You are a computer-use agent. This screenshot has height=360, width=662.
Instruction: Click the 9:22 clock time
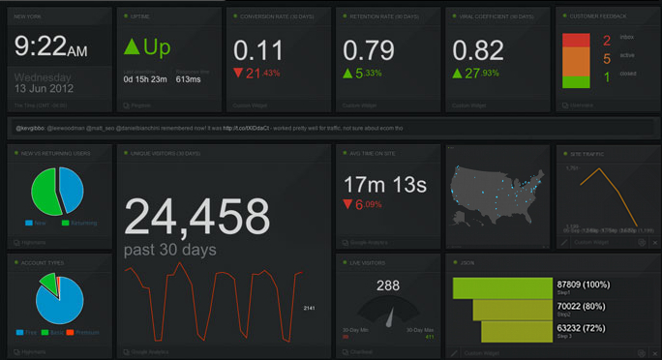50,46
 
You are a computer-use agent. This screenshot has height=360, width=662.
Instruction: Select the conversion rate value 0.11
258,50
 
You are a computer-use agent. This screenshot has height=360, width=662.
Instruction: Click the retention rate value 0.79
368,50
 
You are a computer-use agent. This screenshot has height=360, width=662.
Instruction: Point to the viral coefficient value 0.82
478,50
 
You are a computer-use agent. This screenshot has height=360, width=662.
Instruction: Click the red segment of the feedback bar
576,40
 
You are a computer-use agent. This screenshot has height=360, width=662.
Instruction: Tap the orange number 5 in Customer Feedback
606,58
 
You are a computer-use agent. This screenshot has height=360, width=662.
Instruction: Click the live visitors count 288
387,285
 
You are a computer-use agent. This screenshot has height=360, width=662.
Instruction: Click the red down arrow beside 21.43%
238,74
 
